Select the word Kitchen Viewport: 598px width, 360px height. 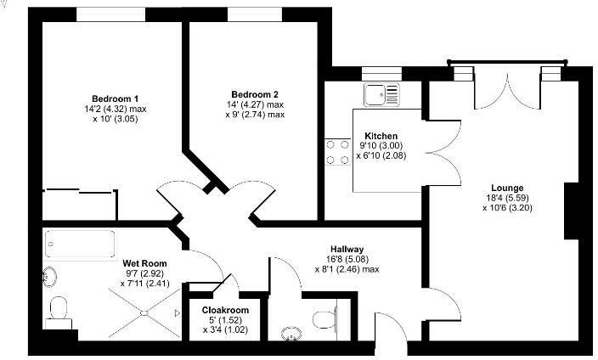click(x=381, y=136)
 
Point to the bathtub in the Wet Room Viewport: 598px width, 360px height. click(x=80, y=244)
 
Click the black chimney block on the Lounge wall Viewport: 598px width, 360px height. click(x=572, y=209)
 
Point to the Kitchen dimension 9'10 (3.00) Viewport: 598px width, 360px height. click(x=381, y=146)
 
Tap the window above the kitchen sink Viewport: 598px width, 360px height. click(x=375, y=74)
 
